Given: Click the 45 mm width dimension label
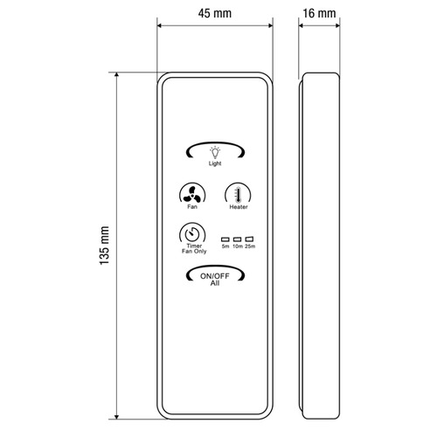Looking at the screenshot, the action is pyautogui.click(x=215, y=13).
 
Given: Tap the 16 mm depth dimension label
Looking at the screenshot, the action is pyautogui.click(x=319, y=13).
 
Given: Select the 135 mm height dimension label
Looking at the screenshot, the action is pyautogui.click(x=104, y=246).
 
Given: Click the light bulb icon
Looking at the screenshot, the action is pyautogui.click(x=215, y=152).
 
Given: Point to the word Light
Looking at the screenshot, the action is pyautogui.click(x=215, y=163).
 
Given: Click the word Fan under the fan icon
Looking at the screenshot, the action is pyautogui.click(x=192, y=206).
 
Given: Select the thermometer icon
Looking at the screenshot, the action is pyautogui.click(x=238, y=195).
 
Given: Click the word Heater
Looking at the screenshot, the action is pyautogui.click(x=239, y=207).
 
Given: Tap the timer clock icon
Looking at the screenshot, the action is pyautogui.click(x=192, y=234).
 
